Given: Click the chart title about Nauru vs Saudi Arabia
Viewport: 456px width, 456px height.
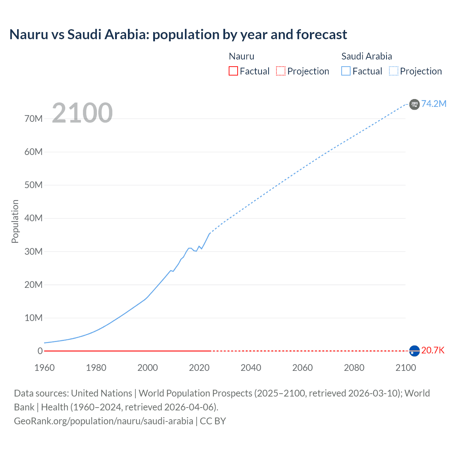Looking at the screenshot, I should (178, 35).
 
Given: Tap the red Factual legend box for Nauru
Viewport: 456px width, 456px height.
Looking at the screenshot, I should (233, 71).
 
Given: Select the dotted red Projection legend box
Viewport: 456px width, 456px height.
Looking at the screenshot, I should (281, 71).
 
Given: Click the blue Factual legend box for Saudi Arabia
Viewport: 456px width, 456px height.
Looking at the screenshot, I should (346, 71).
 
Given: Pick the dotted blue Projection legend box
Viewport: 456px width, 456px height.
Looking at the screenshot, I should (393, 71).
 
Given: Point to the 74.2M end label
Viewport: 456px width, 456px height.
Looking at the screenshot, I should (434, 104).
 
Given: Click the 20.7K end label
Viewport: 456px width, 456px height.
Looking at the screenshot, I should (433, 351).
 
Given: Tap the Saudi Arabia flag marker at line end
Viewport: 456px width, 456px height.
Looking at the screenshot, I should (414, 104).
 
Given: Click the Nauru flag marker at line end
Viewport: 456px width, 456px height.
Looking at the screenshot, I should (414, 351).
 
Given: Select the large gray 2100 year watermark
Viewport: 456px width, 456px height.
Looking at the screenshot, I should (82, 113).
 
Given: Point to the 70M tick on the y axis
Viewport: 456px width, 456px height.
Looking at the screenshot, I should (33, 119).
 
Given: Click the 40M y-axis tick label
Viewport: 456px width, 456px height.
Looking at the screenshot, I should (33, 218).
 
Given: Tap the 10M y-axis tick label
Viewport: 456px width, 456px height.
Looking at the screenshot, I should (33, 318).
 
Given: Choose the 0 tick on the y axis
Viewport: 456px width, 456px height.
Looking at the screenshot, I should (40, 351).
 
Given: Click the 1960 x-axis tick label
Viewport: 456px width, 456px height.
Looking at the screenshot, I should (45, 368).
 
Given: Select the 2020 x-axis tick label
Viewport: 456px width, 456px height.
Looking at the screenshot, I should (199, 368).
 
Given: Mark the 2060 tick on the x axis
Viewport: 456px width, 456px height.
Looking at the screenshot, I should (302, 368).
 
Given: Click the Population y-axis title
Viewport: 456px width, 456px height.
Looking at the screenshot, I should (15, 221).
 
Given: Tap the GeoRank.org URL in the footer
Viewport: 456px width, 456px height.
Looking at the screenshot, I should (103, 421).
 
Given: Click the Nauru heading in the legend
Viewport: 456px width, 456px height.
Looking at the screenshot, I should (242, 56).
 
